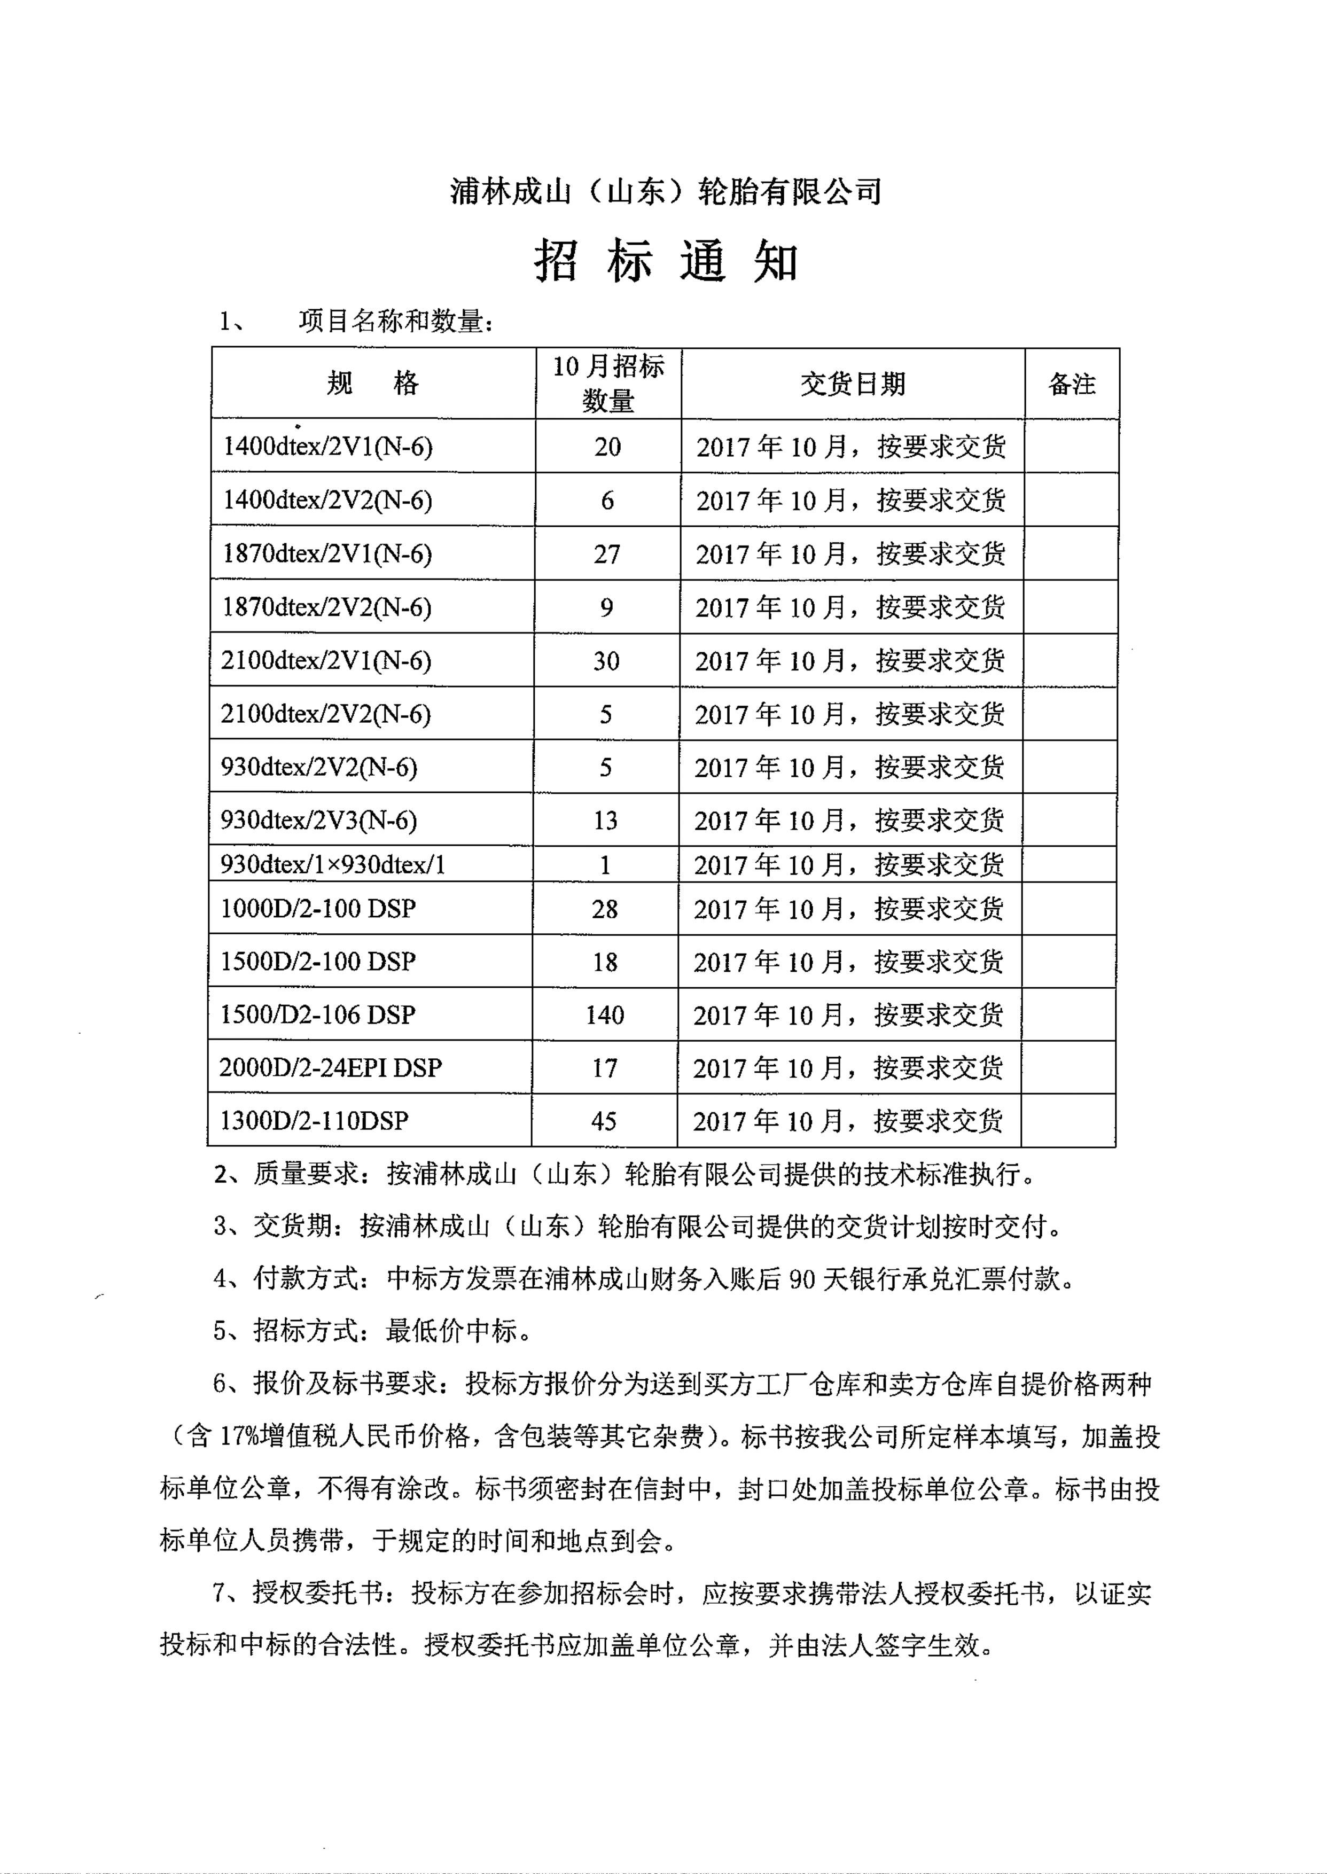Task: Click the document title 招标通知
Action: click(666, 263)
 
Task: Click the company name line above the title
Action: click(666, 192)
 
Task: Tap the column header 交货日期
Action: click(852, 384)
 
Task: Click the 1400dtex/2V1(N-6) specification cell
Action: click(327, 446)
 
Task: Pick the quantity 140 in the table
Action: click(605, 1014)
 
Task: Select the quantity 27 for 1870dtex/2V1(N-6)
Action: click(607, 554)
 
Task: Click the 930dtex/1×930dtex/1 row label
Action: click(333, 864)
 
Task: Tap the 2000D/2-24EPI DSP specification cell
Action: click(330, 1068)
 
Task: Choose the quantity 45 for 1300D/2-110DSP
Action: click(604, 1121)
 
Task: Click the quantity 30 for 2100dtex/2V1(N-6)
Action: click(606, 661)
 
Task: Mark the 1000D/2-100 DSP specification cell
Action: click(318, 908)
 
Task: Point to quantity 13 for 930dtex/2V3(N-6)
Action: click(605, 820)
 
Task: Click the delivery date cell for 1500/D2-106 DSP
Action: click(848, 1014)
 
